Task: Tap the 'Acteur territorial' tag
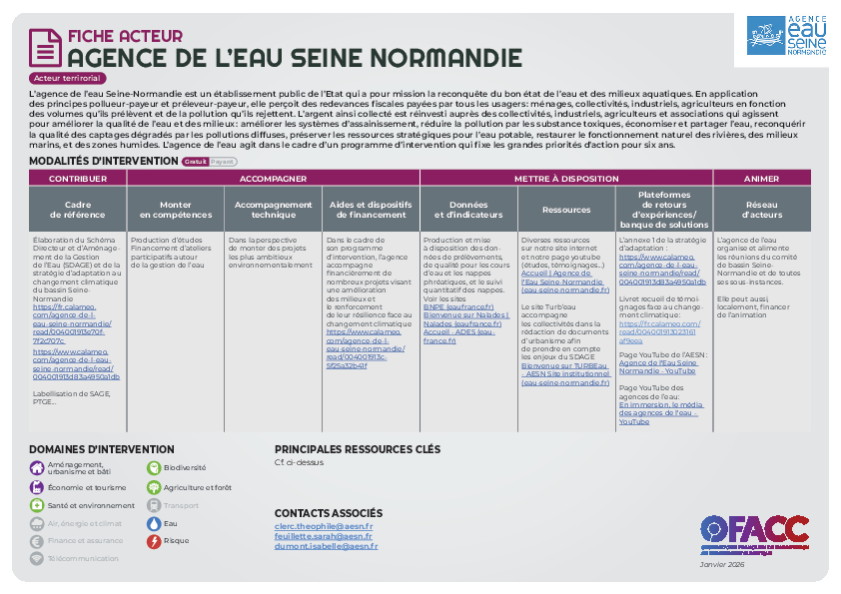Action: point(69,78)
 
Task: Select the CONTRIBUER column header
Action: point(78,179)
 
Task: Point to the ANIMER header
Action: point(762,179)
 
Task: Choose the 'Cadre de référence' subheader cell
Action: point(78,209)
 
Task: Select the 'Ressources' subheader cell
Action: point(566,210)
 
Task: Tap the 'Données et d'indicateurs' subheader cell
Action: point(468,209)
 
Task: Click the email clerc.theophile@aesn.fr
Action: point(324,526)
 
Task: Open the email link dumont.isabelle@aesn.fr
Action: point(327,546)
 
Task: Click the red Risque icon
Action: point(154,541)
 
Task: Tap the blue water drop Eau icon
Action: point(154,522)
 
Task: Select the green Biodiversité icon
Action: point(154,466)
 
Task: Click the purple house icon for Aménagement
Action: point(36,467)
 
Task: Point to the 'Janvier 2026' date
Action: point(722,564)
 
